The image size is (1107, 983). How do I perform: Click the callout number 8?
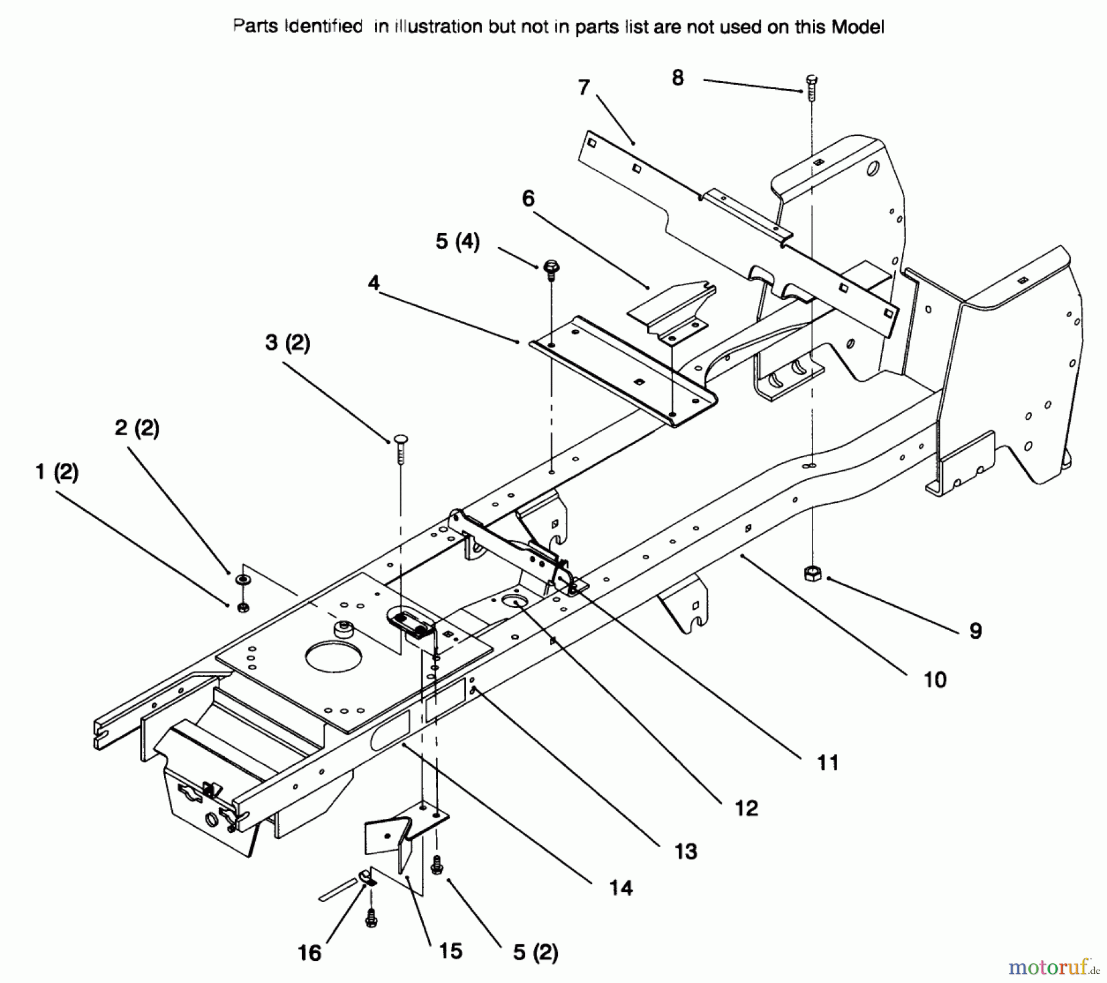pos(677,78)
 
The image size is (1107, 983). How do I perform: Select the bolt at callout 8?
pos(811,87)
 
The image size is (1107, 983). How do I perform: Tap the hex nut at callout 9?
pos(812,573)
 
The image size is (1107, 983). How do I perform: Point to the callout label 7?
pos(584,88)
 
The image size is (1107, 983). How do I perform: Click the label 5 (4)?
pos(457,242)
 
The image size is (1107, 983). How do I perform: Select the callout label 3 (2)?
pos(287,342)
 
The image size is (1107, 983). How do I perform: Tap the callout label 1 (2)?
pos(57,472)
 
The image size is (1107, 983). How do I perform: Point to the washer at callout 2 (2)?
pos(244,580)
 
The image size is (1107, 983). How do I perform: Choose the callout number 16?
pos(309,953)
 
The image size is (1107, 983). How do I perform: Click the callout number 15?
pos(450,950)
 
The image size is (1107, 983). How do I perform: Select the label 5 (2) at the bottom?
pos(535,953)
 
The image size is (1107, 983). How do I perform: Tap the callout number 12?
pos(746,808)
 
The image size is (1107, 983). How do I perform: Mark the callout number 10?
pos(934,679)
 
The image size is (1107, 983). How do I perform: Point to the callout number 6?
pos(528,199)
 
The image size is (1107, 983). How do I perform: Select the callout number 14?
pos(621,888)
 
